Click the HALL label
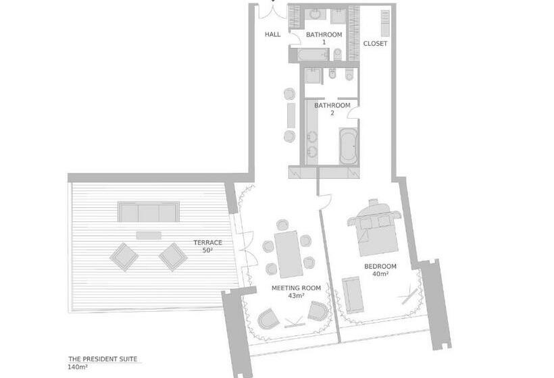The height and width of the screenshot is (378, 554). (273, 34)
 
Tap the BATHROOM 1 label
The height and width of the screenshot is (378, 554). (324, 38)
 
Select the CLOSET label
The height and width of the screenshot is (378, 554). (375, 43)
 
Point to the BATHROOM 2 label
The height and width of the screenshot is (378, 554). (332, 109)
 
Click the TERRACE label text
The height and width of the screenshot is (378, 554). (208, 242)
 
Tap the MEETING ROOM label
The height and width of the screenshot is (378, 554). (296, 288)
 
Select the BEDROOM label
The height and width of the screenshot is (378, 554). (380, 266)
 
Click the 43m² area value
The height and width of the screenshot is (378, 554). (296, 296)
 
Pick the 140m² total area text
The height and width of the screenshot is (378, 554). (78, 367)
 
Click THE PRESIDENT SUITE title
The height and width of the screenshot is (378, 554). (103, 359)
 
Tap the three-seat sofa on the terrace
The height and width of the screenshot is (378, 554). (149, 212)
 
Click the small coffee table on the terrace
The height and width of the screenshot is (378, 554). (149, 236)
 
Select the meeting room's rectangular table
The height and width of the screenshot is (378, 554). (288, 254)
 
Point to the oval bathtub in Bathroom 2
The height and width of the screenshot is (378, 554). (349, 146)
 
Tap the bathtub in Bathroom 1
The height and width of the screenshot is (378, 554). (313, 55)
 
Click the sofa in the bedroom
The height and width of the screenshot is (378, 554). (353, 296)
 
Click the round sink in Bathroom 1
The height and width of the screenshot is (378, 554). (315, 14)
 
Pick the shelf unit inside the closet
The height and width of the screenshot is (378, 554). (385, 24)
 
